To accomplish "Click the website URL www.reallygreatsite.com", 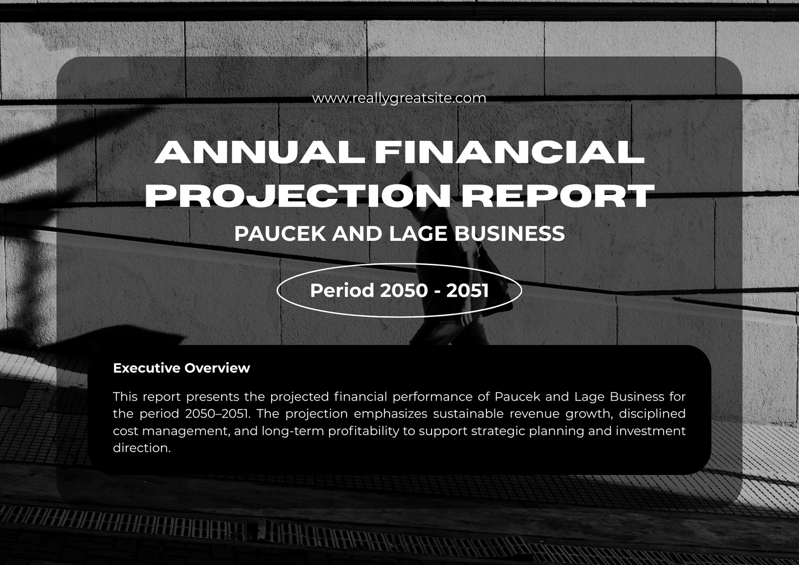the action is [399, 98].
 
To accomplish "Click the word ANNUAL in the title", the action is [261, 152].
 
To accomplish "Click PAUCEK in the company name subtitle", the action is [280, 234].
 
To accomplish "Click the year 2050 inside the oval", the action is [403, 291].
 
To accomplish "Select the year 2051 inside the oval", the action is [467, 291].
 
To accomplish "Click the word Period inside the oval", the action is [342, 291].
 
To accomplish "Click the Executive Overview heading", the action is [182, 368].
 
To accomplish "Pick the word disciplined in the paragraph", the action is [652, 414].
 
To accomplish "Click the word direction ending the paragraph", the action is [142, 448].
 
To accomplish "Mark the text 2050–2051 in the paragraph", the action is [217, 414].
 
